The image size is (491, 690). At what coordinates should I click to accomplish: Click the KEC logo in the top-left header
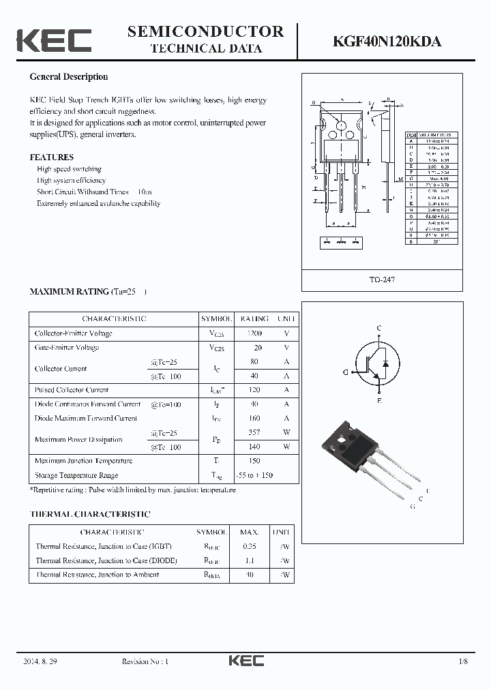(x=54, y=40)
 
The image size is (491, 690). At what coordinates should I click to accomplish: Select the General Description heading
(x=68, y=77)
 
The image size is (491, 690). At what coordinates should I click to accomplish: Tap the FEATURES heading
(x=51, y=157)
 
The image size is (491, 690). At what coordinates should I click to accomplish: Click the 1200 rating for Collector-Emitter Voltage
(x=254, y=333)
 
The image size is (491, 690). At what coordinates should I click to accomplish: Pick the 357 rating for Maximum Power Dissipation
(x=254, y=433)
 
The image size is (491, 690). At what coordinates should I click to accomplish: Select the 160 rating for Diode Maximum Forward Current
(x=254, y=419)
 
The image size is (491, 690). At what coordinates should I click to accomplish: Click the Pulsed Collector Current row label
(x=72, y=390)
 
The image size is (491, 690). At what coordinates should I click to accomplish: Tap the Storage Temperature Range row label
(x=76, y=475)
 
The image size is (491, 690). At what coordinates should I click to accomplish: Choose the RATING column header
(x=254, y=318)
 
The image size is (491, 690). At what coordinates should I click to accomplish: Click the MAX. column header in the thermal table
(x=250, y=532)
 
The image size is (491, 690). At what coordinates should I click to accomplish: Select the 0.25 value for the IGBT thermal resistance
(x=250, y=546)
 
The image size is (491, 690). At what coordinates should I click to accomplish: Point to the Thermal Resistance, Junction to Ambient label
(x=97, y=575)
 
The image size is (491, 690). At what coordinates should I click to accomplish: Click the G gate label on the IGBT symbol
(x=346, y=372)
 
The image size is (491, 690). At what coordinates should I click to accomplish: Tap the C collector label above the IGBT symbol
(x=379, y=329)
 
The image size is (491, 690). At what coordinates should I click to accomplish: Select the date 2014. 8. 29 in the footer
(x=40, y=661)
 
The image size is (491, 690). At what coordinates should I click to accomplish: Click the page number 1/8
(x=464, y=661)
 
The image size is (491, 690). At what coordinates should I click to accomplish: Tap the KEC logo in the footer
(x=245, y=661)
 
